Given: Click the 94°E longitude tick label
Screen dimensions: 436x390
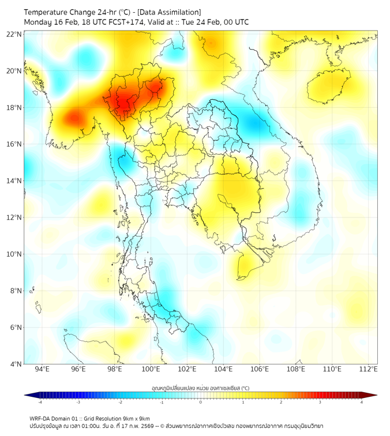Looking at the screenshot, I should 42,369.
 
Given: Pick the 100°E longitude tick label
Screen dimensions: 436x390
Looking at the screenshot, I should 151,369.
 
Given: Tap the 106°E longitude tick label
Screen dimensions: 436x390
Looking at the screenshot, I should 260,369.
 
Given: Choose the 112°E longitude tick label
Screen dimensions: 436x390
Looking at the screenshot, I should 368,369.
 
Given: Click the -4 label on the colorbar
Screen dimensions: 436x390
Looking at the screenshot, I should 39,402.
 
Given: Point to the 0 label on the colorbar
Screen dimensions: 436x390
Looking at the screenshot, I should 201,402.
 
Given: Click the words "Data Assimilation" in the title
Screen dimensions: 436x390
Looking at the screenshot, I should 171,12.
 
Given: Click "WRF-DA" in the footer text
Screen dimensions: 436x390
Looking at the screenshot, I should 41,418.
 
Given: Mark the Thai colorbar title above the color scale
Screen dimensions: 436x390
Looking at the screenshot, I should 200,388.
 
